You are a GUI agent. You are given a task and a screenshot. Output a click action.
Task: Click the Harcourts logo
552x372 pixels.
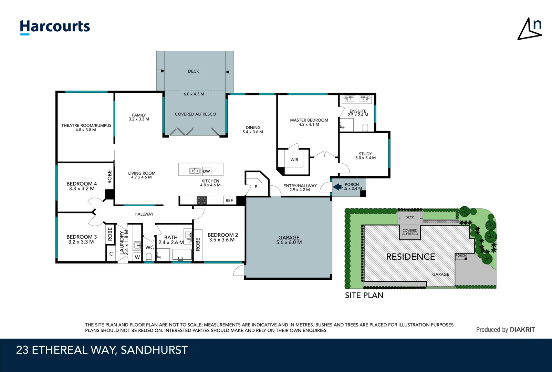pos(55,27)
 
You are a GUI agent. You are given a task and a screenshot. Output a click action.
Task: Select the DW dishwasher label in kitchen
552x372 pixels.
pos(206,171)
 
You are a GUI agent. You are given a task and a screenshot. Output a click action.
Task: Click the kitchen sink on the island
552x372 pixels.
pos(195,171)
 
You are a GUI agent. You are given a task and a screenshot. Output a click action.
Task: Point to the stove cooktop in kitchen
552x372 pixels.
pos(202,200)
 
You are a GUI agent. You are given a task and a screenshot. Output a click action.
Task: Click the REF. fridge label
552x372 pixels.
pos(229,200)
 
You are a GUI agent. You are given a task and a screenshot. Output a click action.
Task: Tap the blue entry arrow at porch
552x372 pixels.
pos(337,187)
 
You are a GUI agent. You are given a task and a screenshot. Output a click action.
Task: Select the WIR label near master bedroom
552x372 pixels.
pos(294,160)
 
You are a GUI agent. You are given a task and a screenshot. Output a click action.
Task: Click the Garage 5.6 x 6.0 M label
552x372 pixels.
pos(289,240)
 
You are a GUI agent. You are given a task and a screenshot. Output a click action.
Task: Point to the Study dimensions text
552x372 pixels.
pos(365,158)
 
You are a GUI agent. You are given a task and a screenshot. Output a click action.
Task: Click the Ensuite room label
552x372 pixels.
pos(358,111)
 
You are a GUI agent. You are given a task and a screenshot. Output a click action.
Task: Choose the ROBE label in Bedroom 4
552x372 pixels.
pos(110,177)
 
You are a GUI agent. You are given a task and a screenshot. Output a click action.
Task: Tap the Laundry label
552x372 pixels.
pos(122,242)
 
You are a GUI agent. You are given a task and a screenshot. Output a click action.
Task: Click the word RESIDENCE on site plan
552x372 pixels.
pos(410,257)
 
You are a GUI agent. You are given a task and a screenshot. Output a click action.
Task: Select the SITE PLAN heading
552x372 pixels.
pos(364,295)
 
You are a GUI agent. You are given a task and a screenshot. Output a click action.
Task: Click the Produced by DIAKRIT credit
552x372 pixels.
pos(505,330)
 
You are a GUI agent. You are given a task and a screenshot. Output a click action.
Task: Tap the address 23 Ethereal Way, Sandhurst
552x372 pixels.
pos(102,350)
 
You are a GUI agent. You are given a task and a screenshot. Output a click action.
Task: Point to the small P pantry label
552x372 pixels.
pos(256,187)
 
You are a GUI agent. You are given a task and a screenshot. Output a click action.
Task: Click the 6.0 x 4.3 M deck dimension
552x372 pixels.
pos(194,94)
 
